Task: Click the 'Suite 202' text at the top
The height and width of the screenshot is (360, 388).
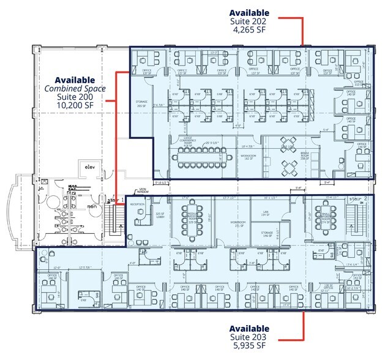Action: (x=249, y=22)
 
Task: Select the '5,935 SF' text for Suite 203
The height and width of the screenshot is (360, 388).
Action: (x=249, y=346)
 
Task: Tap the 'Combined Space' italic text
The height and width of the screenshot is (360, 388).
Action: (x=75, y=89)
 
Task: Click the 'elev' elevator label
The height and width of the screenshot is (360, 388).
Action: (x=90, y=167)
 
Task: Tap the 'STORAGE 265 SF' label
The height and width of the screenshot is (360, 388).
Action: (x=142, y=104)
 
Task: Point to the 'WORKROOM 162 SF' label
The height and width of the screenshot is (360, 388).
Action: (x=248, y=156)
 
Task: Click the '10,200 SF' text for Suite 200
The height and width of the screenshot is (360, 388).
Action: (x=75, y=106)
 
